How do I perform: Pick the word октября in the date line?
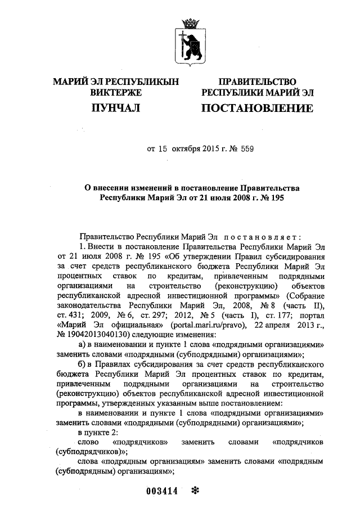(188, 150)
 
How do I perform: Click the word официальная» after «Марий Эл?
(133, 326)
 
